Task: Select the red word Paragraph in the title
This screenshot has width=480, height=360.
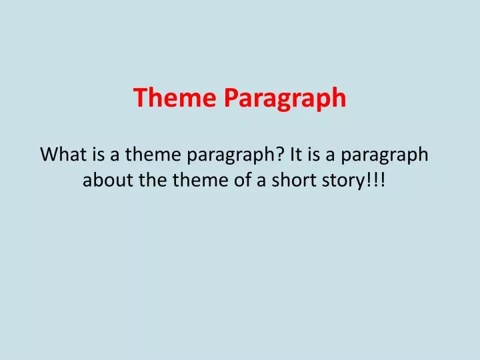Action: click(285, 99)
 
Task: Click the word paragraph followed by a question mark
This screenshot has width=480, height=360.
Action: click(229, 155)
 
